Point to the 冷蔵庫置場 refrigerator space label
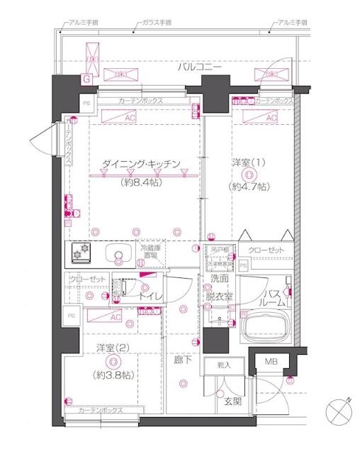click(x=152, y=253)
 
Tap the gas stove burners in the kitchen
click(x=81, y=253)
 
